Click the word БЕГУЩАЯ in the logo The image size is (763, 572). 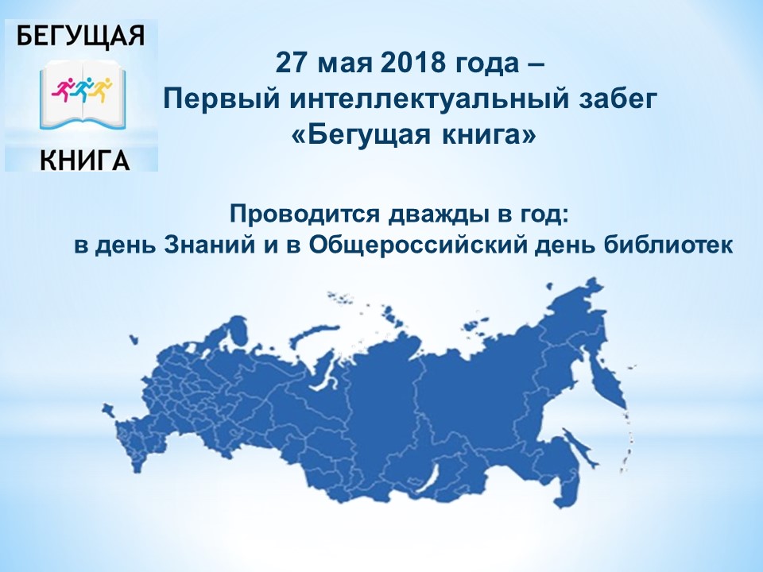(81, 36)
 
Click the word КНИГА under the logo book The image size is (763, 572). (85, 159)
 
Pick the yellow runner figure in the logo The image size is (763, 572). (101, 88)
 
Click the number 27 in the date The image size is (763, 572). (291, 64)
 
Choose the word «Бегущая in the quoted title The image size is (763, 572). (362, 137)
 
